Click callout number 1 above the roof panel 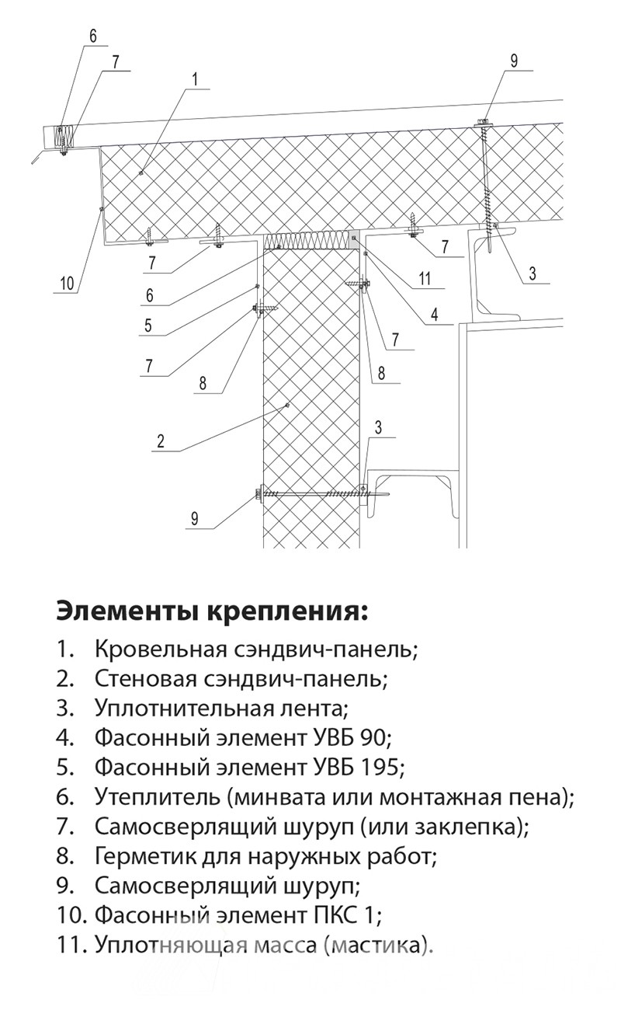(x=194, y=80)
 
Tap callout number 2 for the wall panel (x=161, y=441)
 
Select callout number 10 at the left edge (x=66, y=284)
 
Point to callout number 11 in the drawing (x=425, y=278)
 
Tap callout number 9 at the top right (x=514, y=61)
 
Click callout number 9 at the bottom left (x=194, y=518)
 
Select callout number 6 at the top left (x=93, y=36)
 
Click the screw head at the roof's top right (x=483, y=121)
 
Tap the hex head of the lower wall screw (x=260, y=493)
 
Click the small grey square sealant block (x=354, y=238)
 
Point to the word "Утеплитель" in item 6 (x=158, y=797)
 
